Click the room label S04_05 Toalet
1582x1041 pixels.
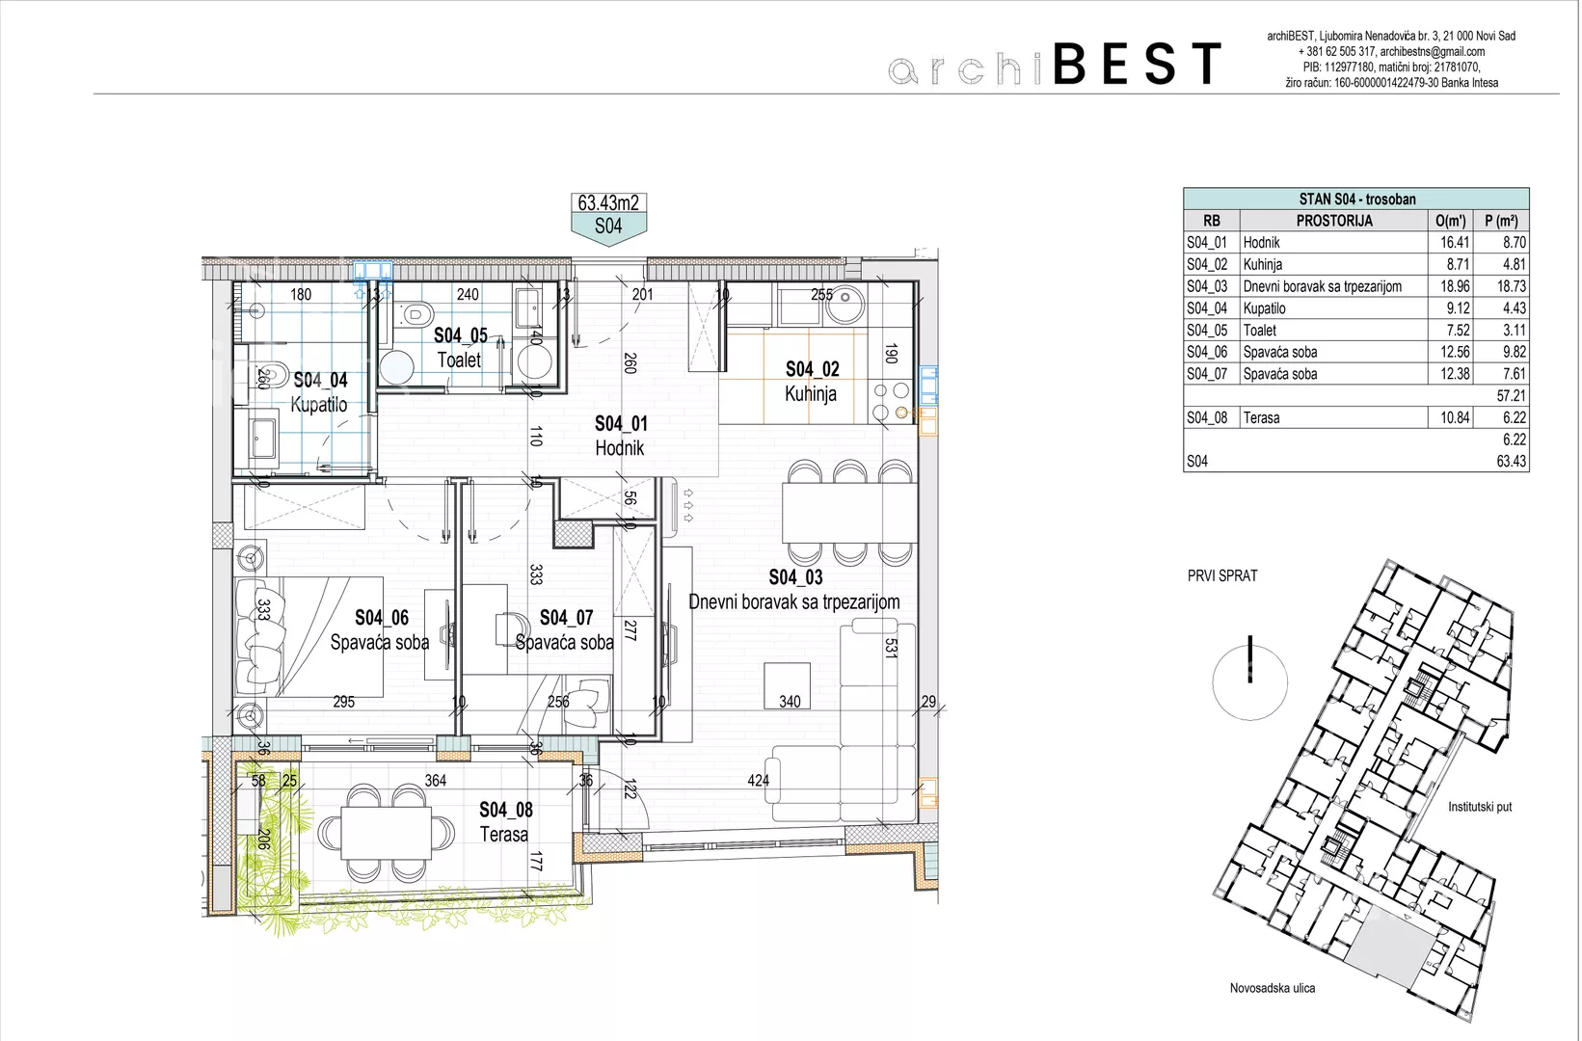click(x=460, y=347)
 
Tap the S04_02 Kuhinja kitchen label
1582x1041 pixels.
click(x=812, y=382)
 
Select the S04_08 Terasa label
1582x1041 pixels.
click(x=506, y=822)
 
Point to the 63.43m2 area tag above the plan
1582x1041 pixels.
click(x=608, y=202)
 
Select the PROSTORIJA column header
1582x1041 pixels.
click(x=1334, y=221)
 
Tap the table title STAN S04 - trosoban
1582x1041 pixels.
click(x=1356, y=200)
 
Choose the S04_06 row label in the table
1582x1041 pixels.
click(x=1207, y=352)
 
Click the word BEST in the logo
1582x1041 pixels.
click(x=1138, y=63)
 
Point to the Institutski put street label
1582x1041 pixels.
click(x=1480, y=807)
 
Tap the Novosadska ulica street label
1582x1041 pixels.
click(x=1272, y=988)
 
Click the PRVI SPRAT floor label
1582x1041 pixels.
click(x=1222, y=575)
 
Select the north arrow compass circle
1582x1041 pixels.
click(x=1250, y=682)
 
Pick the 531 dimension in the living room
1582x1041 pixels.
click(x=891, y=649)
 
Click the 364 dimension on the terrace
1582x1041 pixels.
click(x=435, y=781)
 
